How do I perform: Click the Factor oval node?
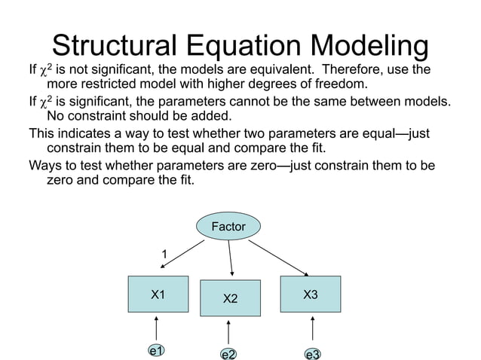(228, 225)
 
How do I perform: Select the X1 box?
(157, 294)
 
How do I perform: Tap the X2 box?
(230, 299)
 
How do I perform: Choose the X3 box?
(310, 294)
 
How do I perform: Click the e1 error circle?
(156, 350)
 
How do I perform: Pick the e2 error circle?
(228, 353)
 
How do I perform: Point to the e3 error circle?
(312, 353)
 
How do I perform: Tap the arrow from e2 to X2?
(228, 332)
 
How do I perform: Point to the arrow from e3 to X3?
(312, 328)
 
